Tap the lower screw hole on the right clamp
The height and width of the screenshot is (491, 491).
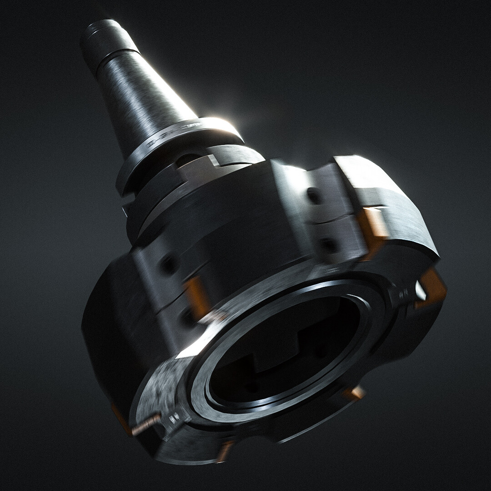click(x=328, y=245)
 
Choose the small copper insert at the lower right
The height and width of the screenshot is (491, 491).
click(x=355, y=393)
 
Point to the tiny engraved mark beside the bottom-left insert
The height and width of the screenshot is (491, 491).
click(x=173, y=418)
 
